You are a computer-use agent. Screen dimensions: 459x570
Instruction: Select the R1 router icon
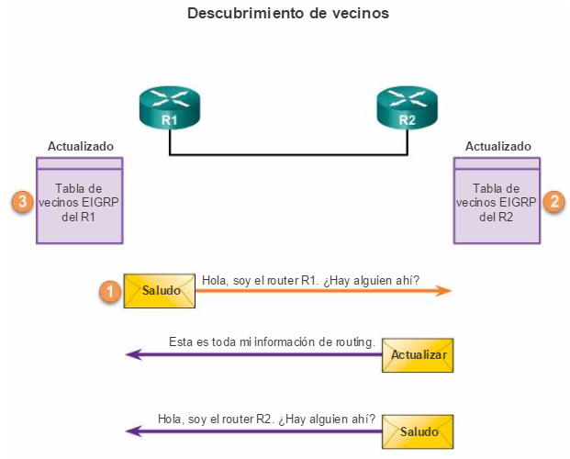169,108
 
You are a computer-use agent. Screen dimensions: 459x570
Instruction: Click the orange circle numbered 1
110,291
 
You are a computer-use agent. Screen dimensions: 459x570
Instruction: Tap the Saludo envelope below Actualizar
419,431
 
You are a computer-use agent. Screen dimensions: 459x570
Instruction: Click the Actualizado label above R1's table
81,146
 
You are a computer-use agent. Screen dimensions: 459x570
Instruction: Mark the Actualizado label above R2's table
497,146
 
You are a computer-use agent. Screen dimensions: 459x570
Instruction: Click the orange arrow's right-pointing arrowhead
445,291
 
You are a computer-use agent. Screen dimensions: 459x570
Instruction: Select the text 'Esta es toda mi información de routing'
272,341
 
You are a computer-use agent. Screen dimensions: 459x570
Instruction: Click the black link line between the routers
287,155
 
